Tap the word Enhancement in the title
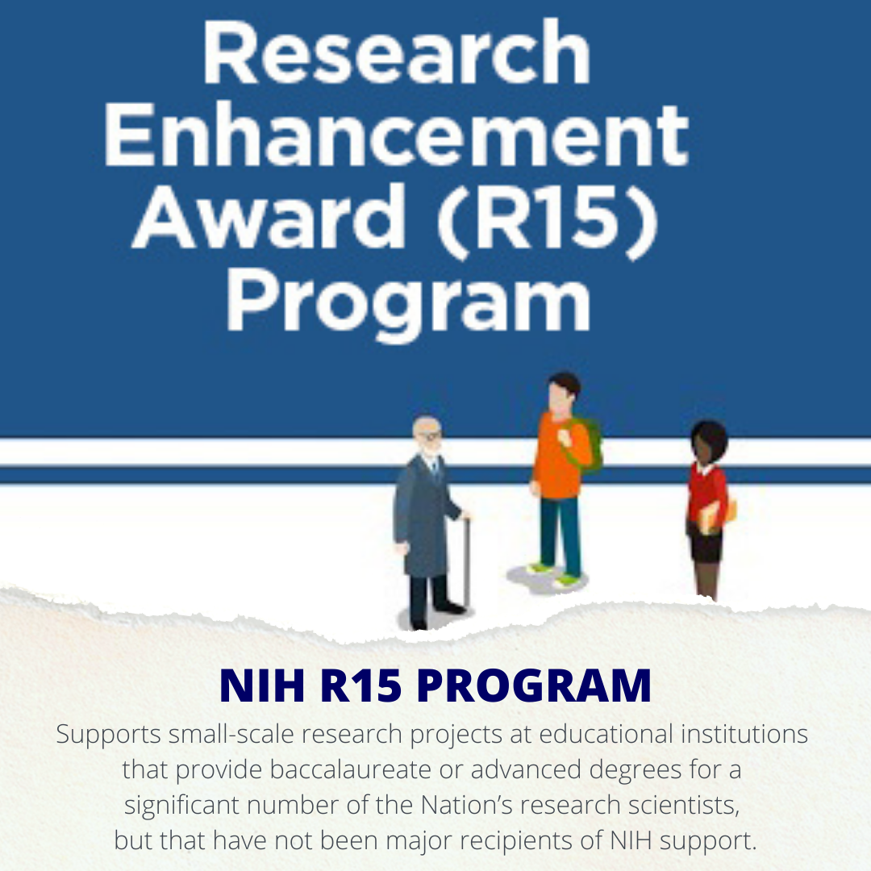pos(397,134)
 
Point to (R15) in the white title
pos(548,220)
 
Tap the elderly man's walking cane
pos(467,561)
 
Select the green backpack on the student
pos(586,444)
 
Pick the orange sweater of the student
pos(560,456)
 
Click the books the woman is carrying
pos(717,515)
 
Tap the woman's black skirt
pos(706,544)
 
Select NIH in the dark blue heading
pos(262,686)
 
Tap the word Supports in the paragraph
pos(108,736)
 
